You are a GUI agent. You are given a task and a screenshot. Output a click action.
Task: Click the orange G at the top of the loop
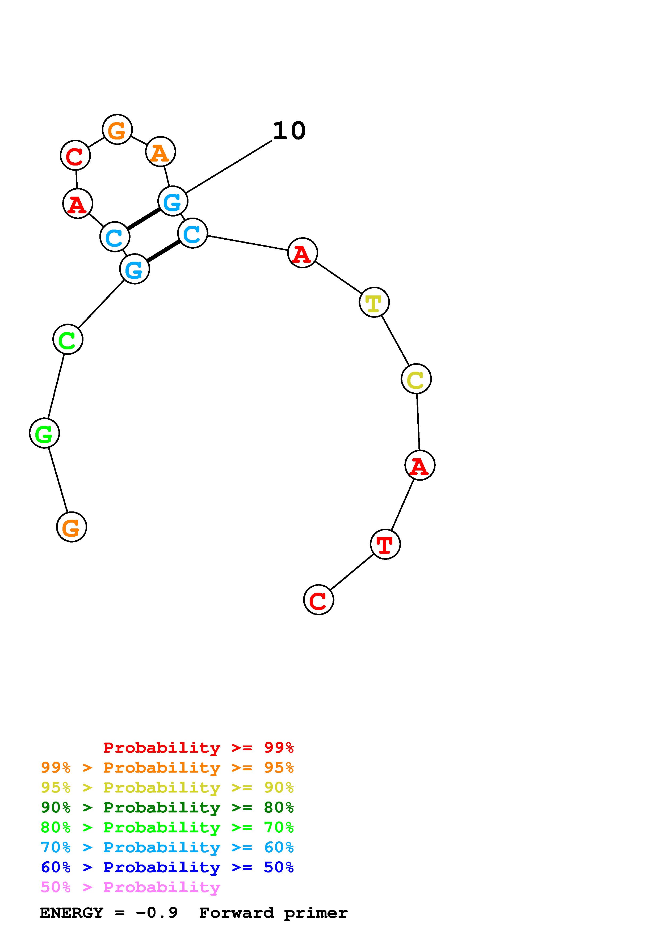(x=117, y=129)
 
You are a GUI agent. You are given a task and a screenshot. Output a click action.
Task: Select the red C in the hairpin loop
(x=75, y=155)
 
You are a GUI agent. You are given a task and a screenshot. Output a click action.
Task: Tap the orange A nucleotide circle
(x=160, y=152)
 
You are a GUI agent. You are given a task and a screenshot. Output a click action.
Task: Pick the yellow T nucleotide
(x=374, y=302)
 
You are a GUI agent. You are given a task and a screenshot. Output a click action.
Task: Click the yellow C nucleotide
(x=416, y=379)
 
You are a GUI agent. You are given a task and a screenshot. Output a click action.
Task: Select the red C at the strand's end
(x=319, y=600)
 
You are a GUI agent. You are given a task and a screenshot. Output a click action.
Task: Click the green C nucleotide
(x=68, y=339)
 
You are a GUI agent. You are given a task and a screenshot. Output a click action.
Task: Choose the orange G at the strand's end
(x=72, y=527)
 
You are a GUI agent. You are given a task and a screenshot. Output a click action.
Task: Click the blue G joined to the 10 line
(x=173, y=201)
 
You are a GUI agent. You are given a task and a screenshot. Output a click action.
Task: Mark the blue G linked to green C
(x=135, y=269)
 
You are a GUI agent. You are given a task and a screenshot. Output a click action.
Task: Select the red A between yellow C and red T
(x=420, y=465)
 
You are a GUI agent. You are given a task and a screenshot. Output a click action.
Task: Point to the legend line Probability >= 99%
(x=199, y=748)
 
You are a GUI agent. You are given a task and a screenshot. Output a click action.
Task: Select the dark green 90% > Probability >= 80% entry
(x=167, y=807)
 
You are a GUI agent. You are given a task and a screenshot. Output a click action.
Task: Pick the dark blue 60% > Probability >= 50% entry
(x=167, y=867)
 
